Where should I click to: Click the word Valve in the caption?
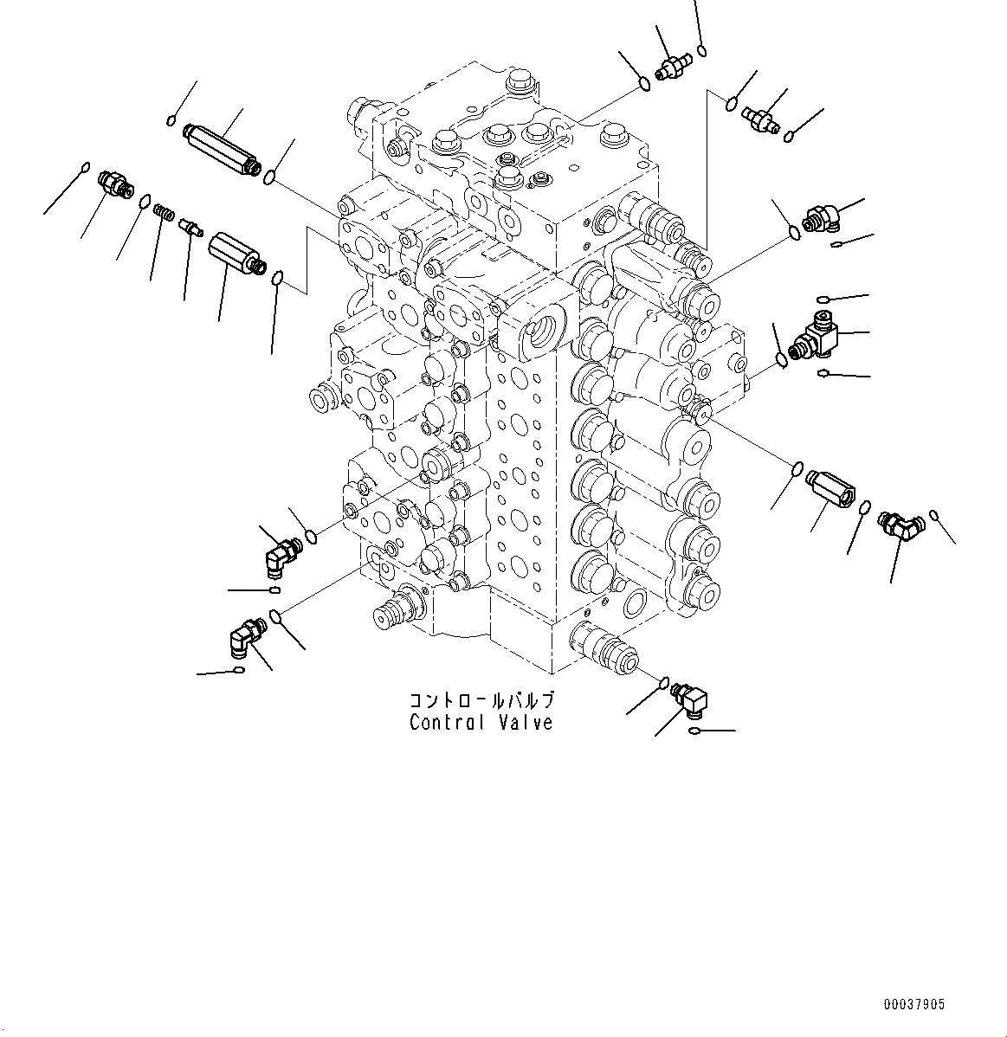click(x=524, y=722)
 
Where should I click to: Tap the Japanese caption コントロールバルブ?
click(x=481, y=699)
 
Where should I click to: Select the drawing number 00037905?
click(x=914, y=1005)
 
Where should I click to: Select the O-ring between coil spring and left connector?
click(x=143, y=201)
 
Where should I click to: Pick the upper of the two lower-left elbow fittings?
click(x=281, y=551)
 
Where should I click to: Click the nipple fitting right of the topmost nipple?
click(x=760, y=120)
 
